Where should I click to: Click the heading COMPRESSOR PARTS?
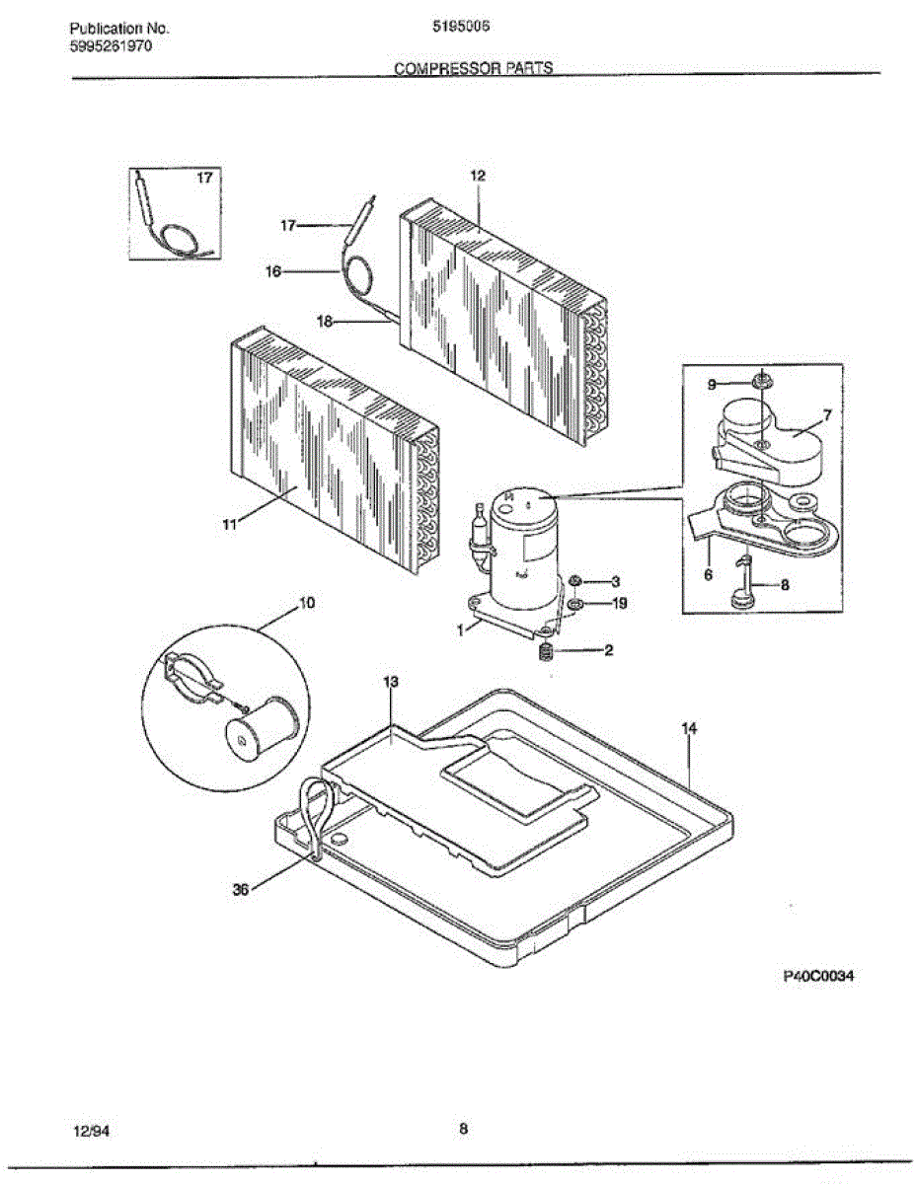[x=473, y=68]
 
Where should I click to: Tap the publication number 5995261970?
[x=111, y=47]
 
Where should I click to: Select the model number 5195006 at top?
[x=462, y=29]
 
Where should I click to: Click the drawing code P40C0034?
[x=818, y=977]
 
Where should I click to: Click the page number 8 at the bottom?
[x=463, y=1130]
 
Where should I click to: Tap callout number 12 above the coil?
[x=478, y=176]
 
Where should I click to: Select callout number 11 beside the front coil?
[x=229, y=525]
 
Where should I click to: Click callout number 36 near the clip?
[x=240, y=889]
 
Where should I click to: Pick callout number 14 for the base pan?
[x=689, y=728]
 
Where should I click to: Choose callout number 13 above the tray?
[x=390, y=683]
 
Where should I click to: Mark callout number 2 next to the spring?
[x=610, y=650]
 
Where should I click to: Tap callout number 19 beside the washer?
[x=620, y=603]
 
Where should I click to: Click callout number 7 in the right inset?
[x=827, y=415]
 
